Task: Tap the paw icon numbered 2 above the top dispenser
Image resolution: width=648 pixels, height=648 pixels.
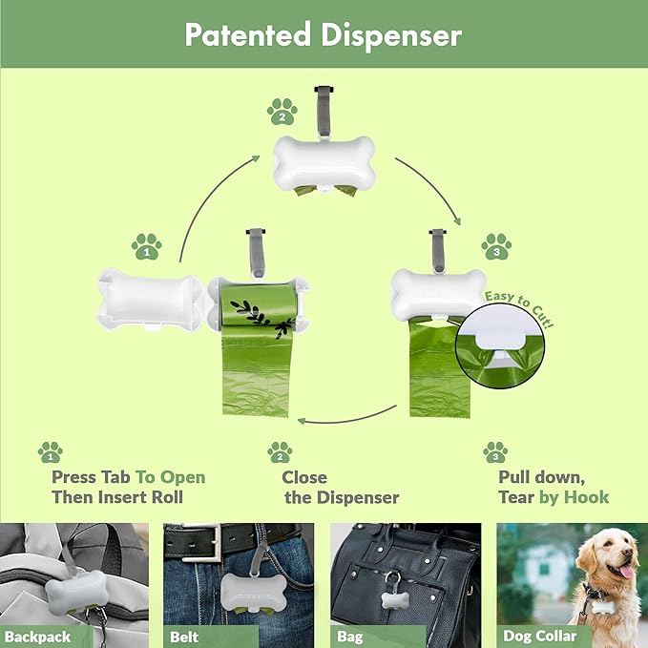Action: (282, 113)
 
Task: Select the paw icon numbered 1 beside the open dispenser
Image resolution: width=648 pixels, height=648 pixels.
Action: (146, 246)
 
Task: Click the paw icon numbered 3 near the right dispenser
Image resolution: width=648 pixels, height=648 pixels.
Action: (495, 245)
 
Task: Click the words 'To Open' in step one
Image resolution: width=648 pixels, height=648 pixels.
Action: (170, 477)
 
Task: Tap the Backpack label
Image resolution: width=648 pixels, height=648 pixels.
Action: (36, 637)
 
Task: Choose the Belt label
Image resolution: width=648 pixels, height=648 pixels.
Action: (185, 637)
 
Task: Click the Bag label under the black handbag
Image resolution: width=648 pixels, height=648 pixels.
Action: (350, 637)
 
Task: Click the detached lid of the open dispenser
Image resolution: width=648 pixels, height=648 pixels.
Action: (153, 303)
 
